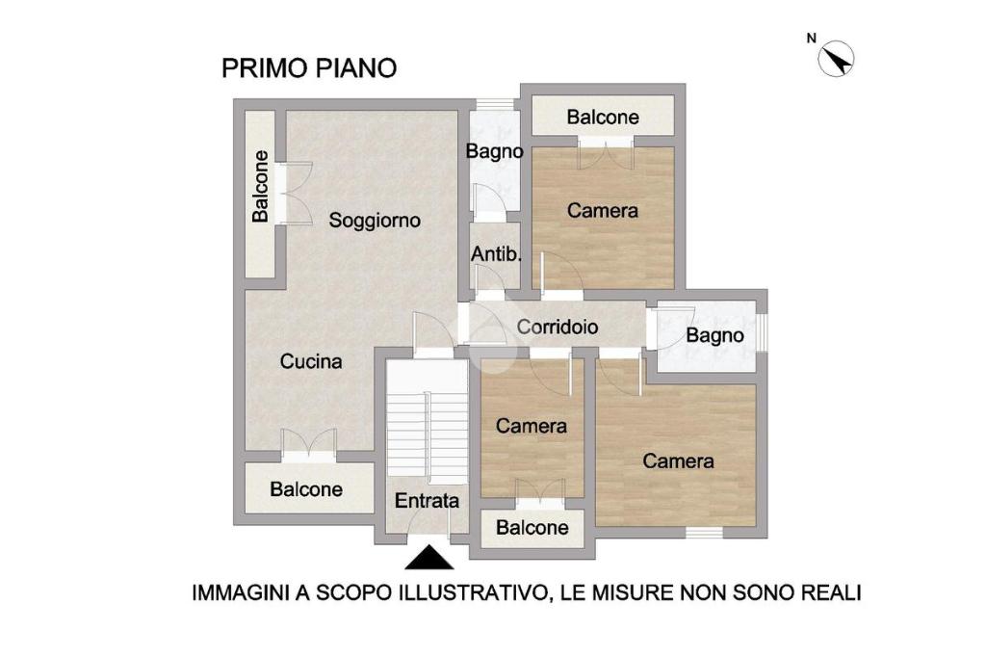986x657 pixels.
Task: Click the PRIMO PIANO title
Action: coord(309,68)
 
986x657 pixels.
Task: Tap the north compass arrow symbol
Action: coord(836,59)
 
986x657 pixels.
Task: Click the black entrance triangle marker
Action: coord(428,558)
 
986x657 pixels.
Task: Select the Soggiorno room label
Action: coord(375,221)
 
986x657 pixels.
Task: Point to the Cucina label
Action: coord(311,361)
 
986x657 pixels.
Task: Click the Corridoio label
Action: coord(558,327)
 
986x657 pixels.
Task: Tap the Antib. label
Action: coord(496,254)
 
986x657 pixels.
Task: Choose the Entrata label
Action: coord(427,501)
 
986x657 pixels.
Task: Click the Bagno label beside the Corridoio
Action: coord(714,336)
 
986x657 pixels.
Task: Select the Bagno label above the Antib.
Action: coord(494,151)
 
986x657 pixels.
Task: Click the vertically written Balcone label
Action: coord(260,186)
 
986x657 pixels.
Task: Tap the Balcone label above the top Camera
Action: coord(603,118)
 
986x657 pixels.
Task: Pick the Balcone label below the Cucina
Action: coord(306,489)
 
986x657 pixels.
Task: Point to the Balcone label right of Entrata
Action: coord(532,527)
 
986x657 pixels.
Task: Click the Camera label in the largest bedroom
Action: coord(678,461)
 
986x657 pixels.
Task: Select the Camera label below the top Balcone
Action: coord(603,210)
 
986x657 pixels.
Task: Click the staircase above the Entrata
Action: coord(427,418)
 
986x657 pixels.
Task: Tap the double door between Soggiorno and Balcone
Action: coord(295,194)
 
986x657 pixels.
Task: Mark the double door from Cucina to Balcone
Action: coord(308,442)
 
